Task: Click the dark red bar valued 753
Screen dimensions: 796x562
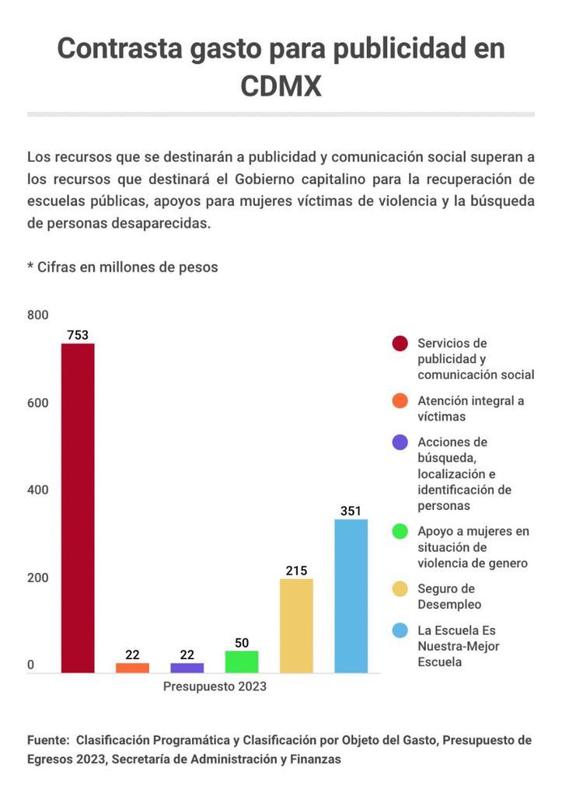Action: pos(78,508)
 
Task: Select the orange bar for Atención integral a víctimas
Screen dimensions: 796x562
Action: pos(132,668)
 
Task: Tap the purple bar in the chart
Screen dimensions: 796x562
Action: pos(187,668)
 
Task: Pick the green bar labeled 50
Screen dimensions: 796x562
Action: pos(242,662)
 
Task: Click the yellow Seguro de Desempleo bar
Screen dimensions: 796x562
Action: pos(296,626)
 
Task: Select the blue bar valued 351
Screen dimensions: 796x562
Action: pos(351,595)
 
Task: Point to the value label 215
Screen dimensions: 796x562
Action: pos(296,571)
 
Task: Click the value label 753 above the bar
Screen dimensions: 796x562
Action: pos(78,335)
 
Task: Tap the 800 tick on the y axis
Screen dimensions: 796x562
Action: pos(38,315)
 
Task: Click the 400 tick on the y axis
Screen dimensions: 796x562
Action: pos(38,490)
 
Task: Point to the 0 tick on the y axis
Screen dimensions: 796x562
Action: pos(31,665)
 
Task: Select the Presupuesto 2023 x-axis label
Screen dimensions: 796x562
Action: pos(215,686)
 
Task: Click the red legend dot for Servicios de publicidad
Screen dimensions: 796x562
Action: pos(400,344)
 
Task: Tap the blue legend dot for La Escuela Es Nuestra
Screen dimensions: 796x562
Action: pos(400,630)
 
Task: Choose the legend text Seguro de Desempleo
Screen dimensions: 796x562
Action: pos(449,596)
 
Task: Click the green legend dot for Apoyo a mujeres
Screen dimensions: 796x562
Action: pos(400,532)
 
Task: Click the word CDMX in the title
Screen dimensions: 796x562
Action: pos(281,86)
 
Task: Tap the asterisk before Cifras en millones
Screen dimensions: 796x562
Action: pos(30,266)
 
